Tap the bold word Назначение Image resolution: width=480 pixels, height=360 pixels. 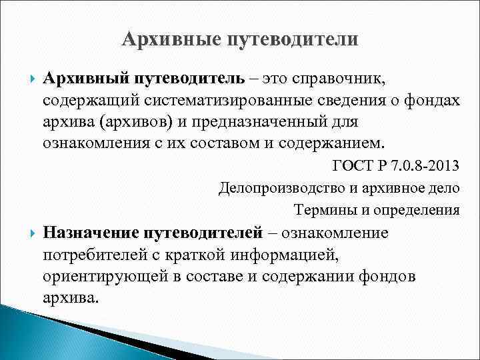(x=91, y=233)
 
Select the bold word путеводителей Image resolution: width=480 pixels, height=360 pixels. (x=210, y=233)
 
